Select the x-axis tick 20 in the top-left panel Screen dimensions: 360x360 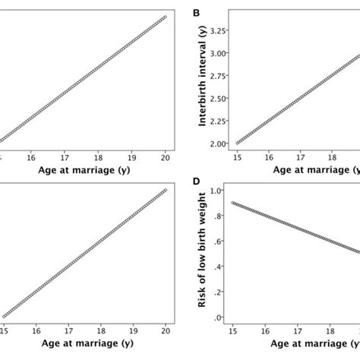click(x=166, y=158)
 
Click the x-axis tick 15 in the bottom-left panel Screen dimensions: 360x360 click(x=5, y=331)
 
